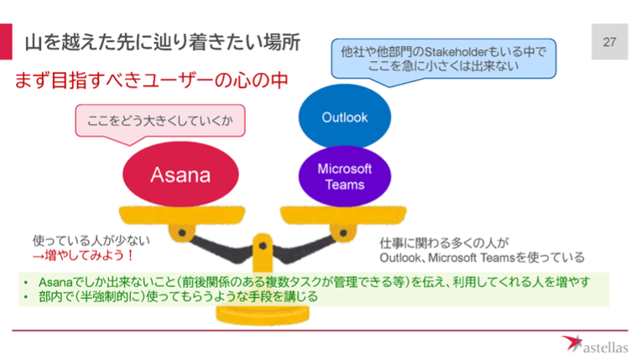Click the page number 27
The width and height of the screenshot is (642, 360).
tap(608, 41)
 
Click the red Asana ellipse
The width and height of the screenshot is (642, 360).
tap(179, 175)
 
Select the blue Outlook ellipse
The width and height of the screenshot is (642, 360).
tap(344, 117)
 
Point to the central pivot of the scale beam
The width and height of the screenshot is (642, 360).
tap(262, 245)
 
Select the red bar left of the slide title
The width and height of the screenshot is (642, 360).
tap(8, 40)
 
